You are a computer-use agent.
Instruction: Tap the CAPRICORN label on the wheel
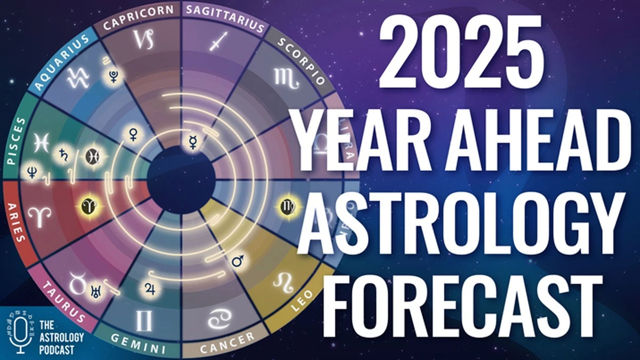click(139, 16)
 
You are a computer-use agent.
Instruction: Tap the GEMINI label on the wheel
click(138, 347)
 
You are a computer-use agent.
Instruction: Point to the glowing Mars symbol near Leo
click(238, 261)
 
